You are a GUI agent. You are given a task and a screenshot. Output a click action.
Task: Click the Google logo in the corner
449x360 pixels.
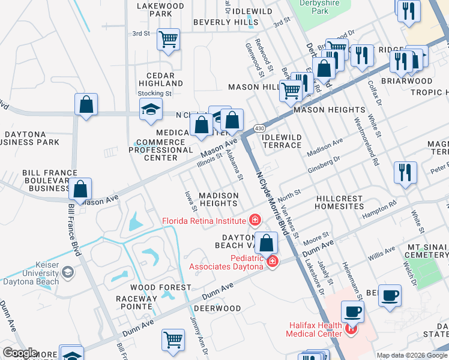coord(20,353)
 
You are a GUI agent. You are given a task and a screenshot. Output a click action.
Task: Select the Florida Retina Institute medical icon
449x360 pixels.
coord(255,220)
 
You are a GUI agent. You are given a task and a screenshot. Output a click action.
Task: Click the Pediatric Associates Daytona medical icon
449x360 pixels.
coord(273,261)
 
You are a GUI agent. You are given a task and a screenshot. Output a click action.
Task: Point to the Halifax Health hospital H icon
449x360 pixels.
coord(351,329)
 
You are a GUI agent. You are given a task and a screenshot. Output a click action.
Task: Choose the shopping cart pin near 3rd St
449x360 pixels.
coord(169,40)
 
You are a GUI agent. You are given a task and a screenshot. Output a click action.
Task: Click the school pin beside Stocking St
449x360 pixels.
coord(151,109)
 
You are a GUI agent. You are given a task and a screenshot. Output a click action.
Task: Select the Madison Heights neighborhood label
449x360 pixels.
coord(218,200)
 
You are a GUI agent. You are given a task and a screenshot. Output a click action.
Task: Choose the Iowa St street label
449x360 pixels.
coord(190,202)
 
